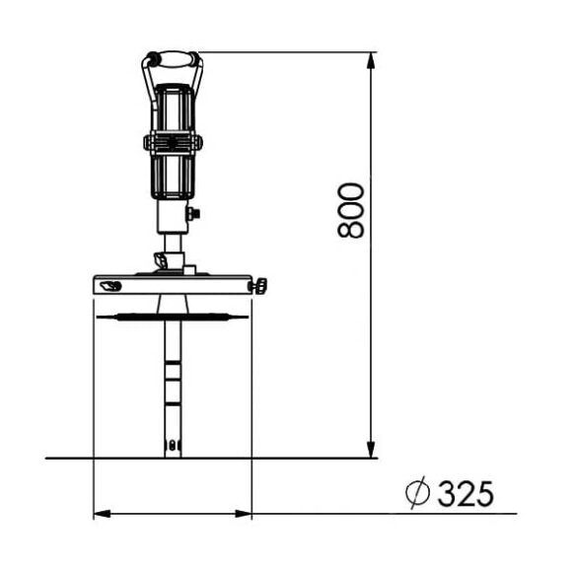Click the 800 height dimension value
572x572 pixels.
351,210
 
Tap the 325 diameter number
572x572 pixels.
465,493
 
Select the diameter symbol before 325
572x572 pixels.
418,492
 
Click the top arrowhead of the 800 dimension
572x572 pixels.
371,61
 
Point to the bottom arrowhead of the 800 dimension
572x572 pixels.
371,449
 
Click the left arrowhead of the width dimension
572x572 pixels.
103,514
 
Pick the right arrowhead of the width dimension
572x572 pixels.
244,514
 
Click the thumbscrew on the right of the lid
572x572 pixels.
258,286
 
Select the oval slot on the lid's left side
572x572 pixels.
110,286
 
